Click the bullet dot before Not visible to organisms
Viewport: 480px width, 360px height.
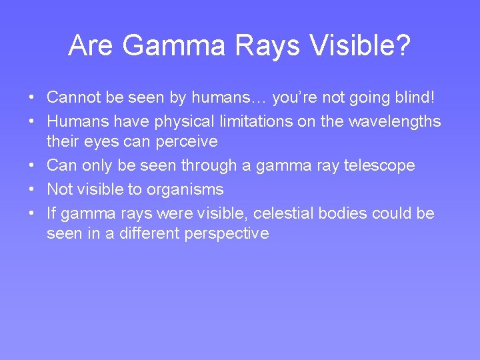coord(32,190)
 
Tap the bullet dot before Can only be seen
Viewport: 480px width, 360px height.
coord(32,165)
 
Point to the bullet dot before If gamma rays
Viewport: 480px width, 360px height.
coord(32,213)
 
